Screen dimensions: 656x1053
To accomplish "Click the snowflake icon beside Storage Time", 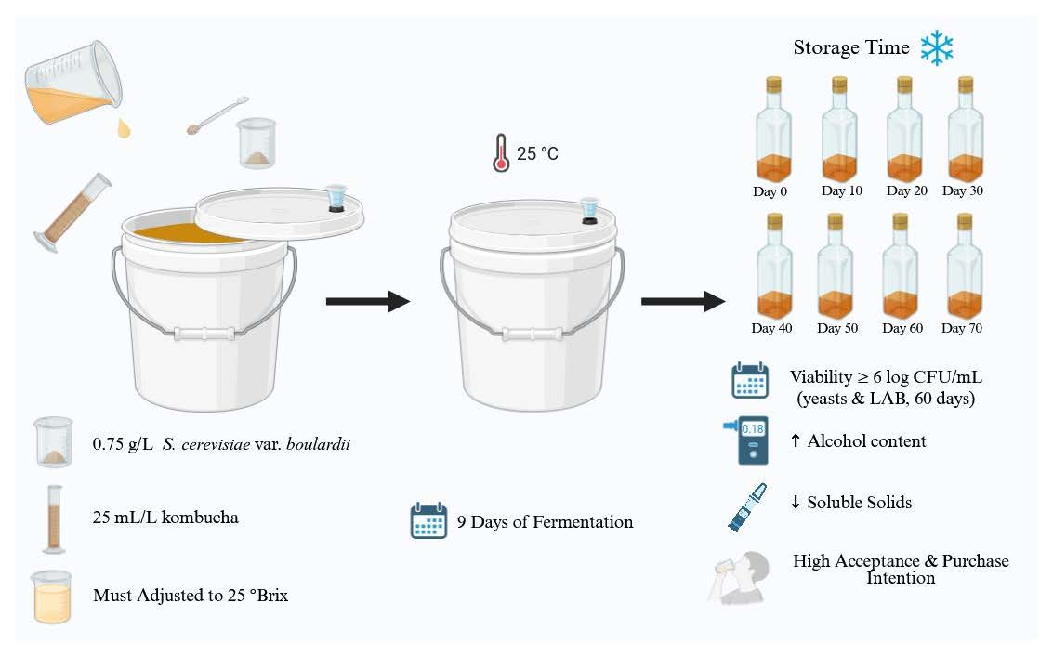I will (937, 47).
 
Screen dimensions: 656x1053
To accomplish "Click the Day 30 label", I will (962, 191).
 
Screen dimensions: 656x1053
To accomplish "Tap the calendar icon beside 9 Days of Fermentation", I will (429, 520).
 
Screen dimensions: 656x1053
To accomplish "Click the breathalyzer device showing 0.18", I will (751, 440).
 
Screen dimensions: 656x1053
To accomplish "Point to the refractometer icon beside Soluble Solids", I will (747, 506).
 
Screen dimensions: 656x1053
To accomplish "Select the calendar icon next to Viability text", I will (749, 380).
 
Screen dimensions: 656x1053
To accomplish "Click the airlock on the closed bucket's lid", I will (588, 213).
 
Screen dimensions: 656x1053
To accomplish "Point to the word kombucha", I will (202, 517).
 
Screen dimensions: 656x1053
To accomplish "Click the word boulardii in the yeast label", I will (316, 444).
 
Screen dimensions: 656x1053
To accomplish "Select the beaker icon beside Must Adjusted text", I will (53, 595).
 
